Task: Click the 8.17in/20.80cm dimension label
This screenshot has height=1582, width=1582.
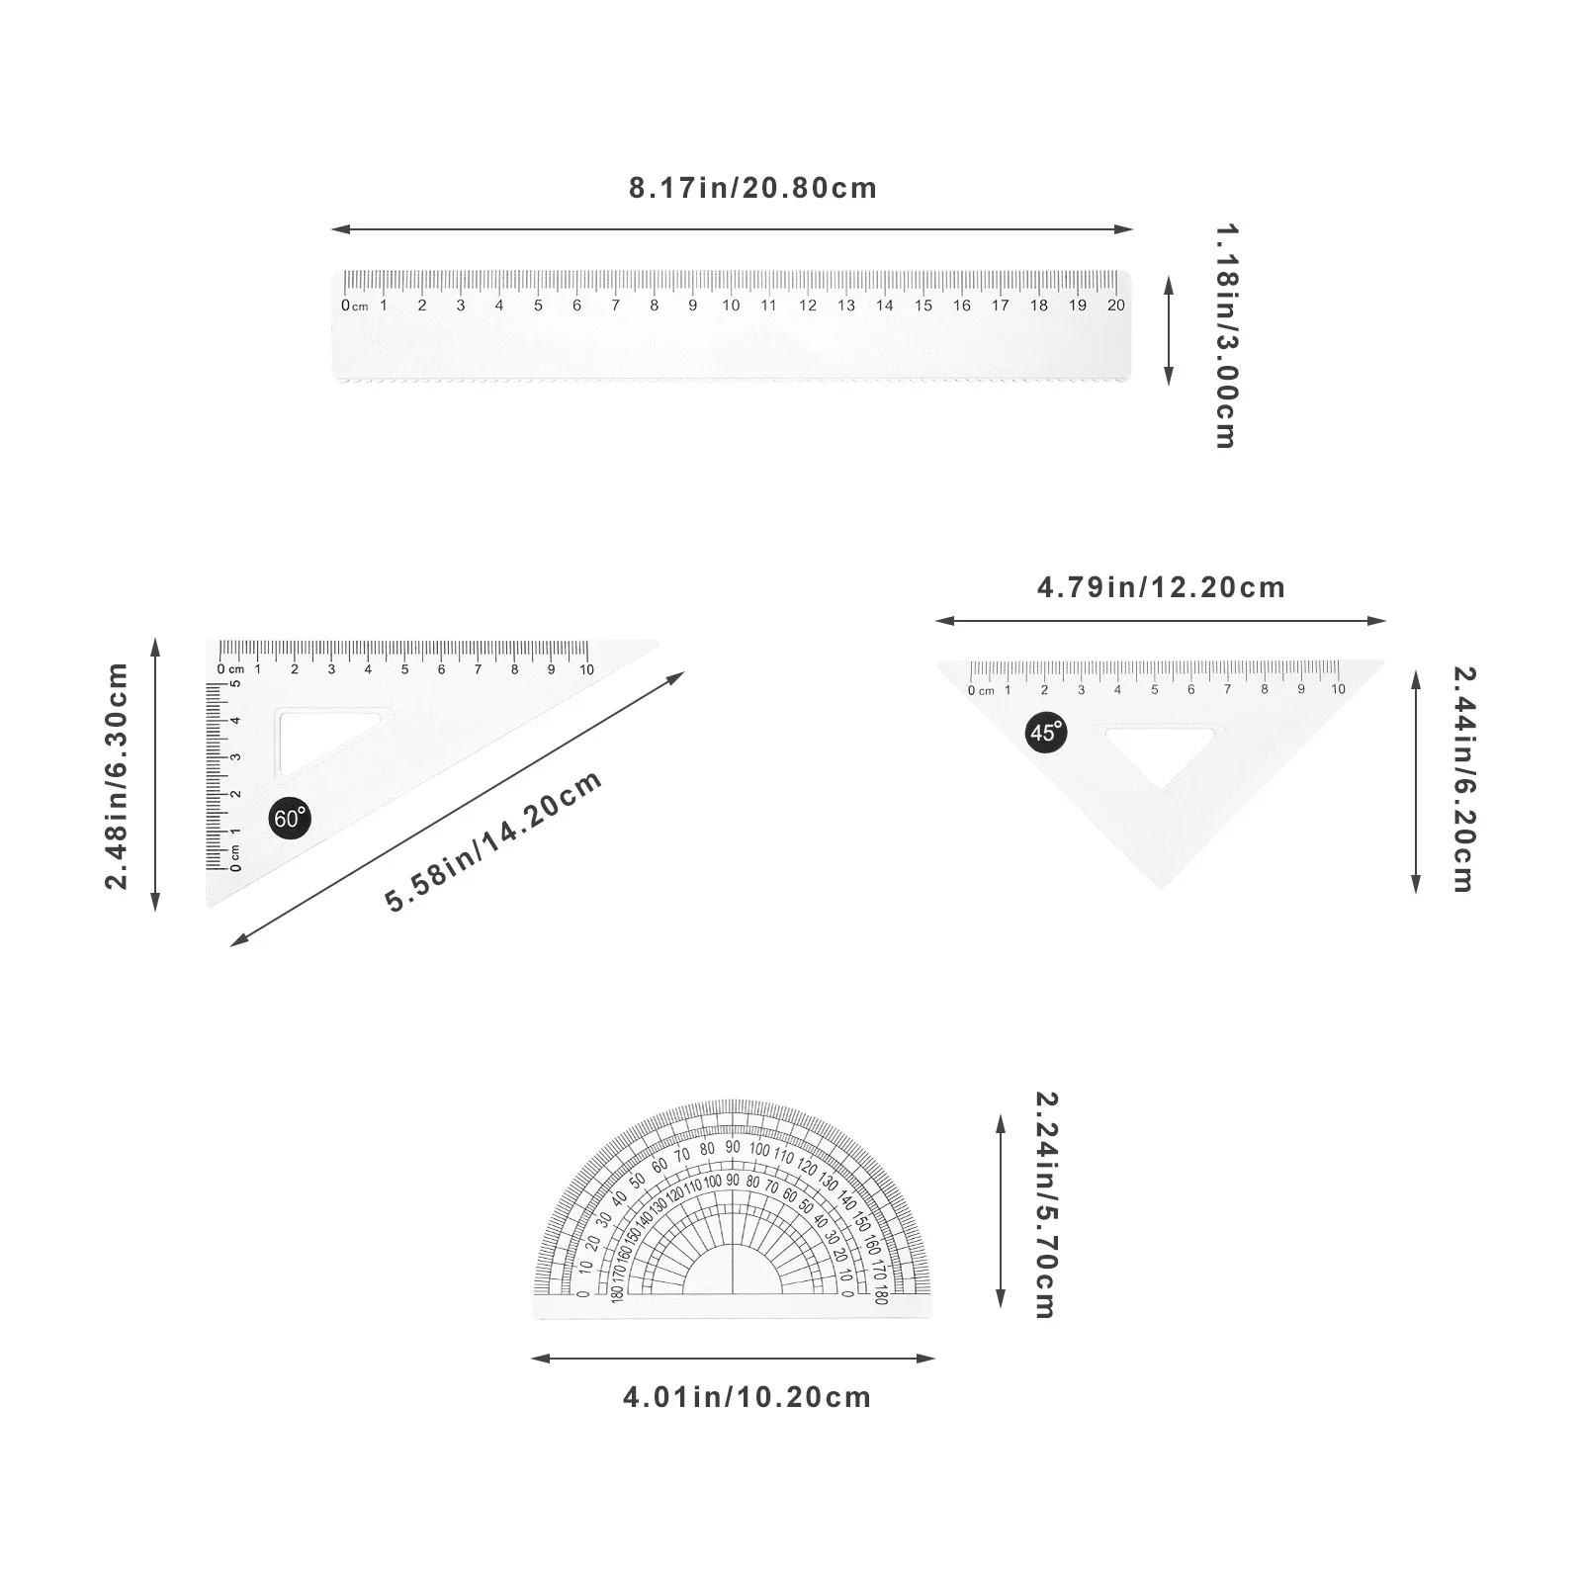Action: (x=752, y=188)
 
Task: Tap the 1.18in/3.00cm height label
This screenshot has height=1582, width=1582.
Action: (x=1225, y=336)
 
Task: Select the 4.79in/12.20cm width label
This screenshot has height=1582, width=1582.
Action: (x=1161, y=587)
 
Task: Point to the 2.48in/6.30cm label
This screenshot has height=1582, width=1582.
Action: (x=118, y=776)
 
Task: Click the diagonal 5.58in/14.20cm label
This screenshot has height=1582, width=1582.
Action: (x=493, y=841)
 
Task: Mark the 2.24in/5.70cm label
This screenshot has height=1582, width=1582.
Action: (x=1044, y=1204)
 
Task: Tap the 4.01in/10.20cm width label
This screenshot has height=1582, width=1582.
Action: (x=747, y=1397)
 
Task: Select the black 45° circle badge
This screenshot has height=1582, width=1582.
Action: (x=1045, y=733)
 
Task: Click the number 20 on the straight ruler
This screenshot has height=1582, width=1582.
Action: (x=1115, y=306)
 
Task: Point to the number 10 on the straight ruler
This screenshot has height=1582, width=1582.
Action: (x=731, y=306)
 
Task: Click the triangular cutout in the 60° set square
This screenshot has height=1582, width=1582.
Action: (x=316, y=737)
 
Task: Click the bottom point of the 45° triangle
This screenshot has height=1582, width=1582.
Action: (x=1161, y=886)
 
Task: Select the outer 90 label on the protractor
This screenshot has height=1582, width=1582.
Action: (x=733, y=1147)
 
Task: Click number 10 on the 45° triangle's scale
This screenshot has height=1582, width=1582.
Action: (x=1338, y=689)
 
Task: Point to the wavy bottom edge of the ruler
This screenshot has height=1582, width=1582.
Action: (x=732, y=379)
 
